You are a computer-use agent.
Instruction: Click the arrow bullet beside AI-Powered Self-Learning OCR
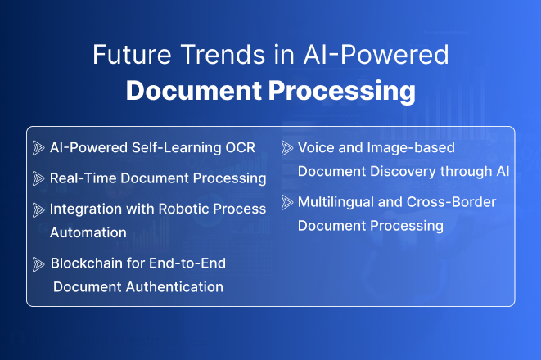(38, 148)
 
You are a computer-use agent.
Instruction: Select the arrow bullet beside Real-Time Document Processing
(38, 178)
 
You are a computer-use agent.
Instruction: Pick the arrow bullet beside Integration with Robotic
(38, 209)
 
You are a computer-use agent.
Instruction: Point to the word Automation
(88, 232)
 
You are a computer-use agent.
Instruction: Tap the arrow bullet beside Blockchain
(38, 263)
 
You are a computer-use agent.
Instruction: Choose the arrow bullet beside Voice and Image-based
(287, 148)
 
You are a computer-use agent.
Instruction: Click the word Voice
(315, 148)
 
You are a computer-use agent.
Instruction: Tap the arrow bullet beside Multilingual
(287, 202)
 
